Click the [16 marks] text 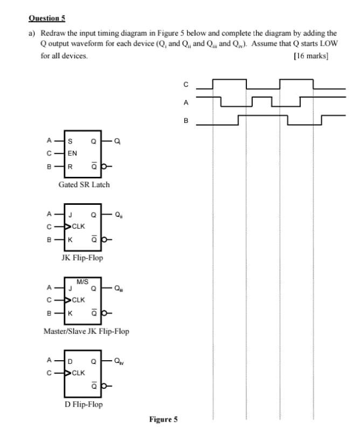pos(311,56)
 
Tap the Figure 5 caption pos(163,419)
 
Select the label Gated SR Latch pos(84,184)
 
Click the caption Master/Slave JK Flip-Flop pos(86,331)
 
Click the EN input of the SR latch pos(72,153)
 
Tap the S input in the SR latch pos(70,141)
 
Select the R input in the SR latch pos(70,166)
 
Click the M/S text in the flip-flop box pos(82,282)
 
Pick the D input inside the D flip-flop pos(70,361)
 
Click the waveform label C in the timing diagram pos(186,84)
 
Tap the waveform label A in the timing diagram pos(186,102)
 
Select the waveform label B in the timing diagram pos(186,121)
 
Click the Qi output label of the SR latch pos(117,141)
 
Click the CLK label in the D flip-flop pos(78,372)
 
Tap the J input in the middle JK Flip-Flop pos(70,215)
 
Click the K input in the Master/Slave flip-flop pos(70,312)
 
